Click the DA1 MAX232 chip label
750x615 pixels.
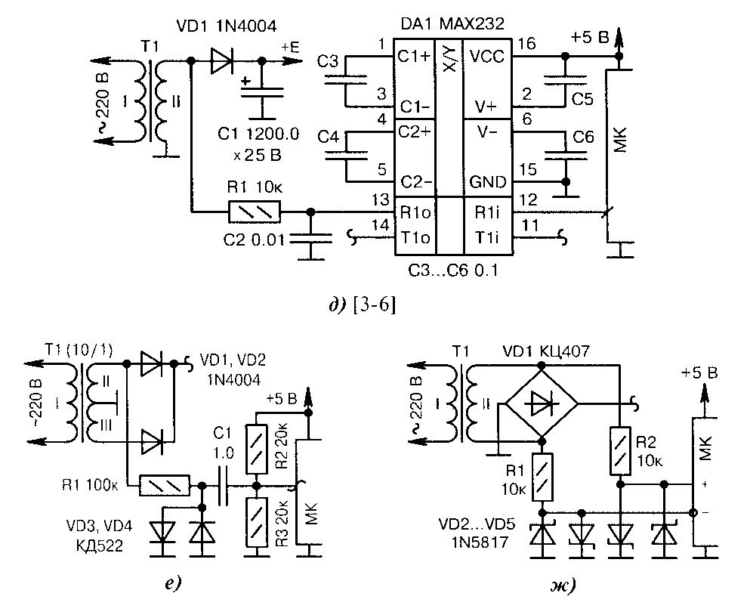pyautogui.click(x=452, y=23)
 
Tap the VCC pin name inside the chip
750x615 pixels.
pyautogui.click(x=487, y=57)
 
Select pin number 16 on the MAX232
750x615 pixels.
pyautogui.click(x=526, y=44)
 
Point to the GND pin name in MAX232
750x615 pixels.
pyautogui.click(x=487, y=182)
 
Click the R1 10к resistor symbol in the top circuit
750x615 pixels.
pyautogui.click(x=255, y=211)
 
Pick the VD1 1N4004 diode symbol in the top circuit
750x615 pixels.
pyautogui.click(x=221, y=60)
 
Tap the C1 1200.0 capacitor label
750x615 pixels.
pyautogui.click(x=258, y=134)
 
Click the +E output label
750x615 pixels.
pyautogui.click(x=290, y=47)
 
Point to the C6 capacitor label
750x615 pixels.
pyautogui.click(x=583, y=138)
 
